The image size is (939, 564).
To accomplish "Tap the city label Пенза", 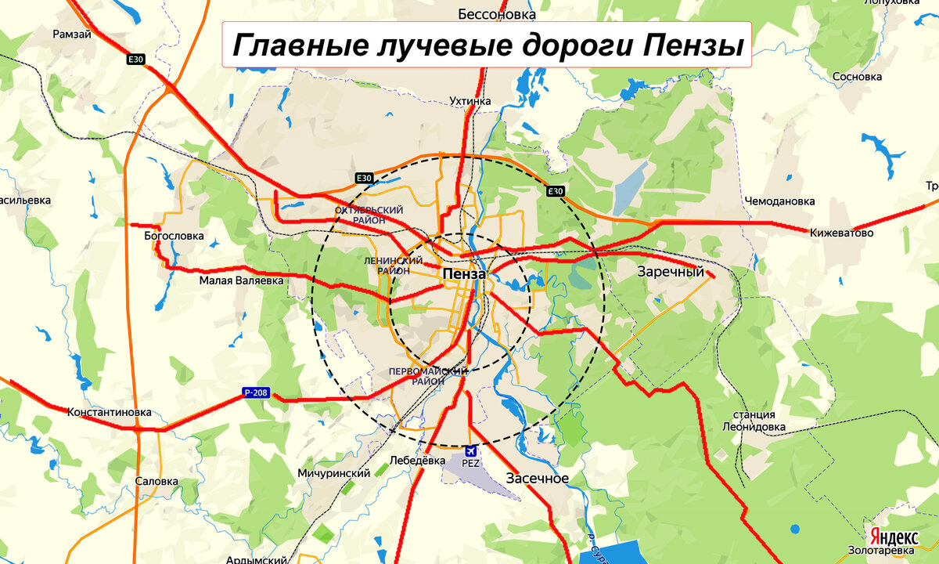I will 464,274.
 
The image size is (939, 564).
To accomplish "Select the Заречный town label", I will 671,273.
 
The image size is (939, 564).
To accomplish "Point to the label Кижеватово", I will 842,233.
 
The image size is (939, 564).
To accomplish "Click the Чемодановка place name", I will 779,201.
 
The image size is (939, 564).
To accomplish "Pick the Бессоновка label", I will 497,14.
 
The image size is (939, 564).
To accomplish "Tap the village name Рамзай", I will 72,34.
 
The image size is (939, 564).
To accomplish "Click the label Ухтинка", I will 470,101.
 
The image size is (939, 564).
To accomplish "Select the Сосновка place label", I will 858,77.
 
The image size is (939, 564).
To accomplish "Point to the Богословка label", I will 174,235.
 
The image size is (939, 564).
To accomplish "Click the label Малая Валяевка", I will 241,280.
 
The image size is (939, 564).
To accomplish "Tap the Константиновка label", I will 109,412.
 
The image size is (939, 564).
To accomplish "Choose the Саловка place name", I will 156,482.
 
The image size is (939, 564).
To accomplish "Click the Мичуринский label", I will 333,474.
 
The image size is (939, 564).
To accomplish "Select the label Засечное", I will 537,478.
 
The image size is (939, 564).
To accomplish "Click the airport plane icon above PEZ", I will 470,451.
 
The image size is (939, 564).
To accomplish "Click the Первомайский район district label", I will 429,375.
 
